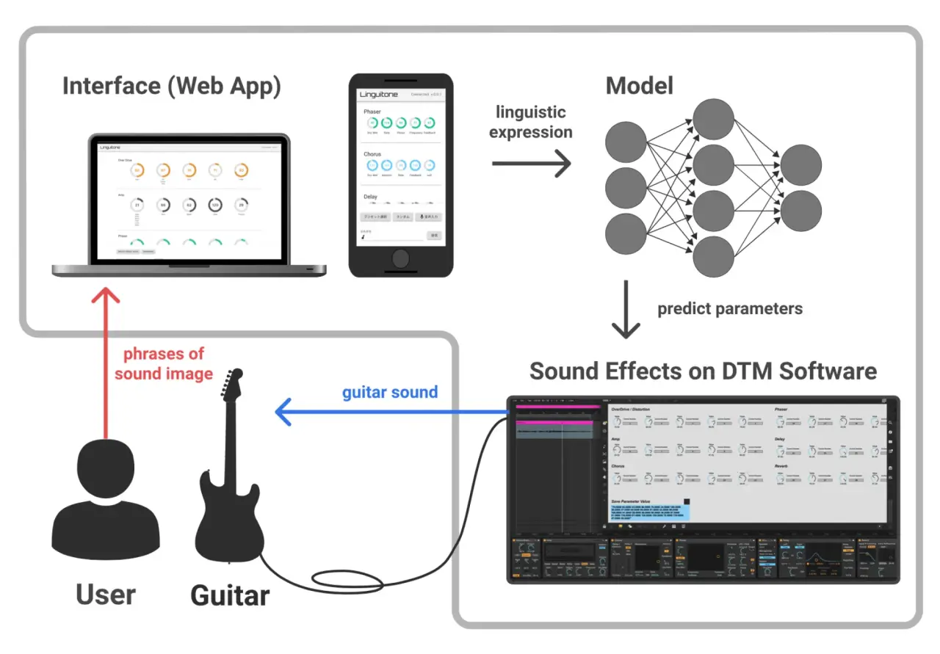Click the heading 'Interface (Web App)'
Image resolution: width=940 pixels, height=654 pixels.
(171, 86)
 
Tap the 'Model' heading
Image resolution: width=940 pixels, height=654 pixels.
(639, 86)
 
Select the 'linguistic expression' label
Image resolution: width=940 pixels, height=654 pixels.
(531, 122)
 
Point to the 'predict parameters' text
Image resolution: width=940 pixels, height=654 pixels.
(730, 308)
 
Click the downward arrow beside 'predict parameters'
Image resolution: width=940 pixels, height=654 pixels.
(626, 309)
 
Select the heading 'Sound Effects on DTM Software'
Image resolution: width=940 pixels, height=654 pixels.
(703, 371)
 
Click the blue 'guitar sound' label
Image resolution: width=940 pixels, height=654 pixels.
(390, 392)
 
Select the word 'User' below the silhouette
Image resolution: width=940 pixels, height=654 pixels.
(106, 595)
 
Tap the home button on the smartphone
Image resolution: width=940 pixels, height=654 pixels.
(401, 258)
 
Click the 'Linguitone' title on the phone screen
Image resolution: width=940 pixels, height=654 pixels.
(379, 95)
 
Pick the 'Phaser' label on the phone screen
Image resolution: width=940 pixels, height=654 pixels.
(372, 112)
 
